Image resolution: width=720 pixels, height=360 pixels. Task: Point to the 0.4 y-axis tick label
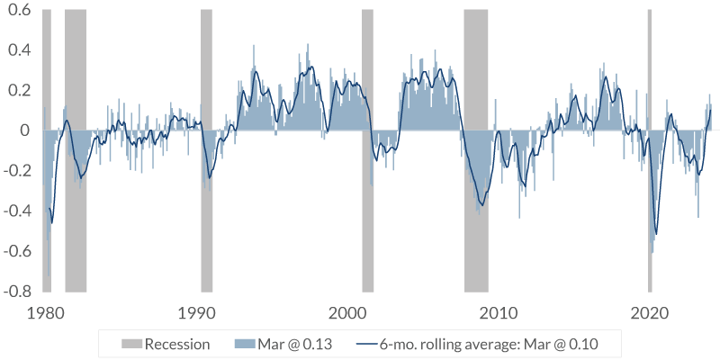tap(17, 49)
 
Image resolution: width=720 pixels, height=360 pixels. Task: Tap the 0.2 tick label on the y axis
tap(17, 90)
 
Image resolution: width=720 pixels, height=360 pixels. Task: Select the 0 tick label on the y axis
tap(25, 130)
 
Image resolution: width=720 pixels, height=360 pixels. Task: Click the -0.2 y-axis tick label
tap(15, 171)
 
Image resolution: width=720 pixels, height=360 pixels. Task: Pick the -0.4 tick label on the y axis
tap(15, 211)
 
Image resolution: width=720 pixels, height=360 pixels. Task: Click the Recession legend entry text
tap(177, 344)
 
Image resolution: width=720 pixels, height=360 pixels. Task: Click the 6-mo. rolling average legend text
tap(488, 344)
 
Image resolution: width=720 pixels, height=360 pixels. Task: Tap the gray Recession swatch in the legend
tap(131, 344)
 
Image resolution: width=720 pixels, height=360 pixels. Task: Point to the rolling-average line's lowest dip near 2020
tap(656, 234)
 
